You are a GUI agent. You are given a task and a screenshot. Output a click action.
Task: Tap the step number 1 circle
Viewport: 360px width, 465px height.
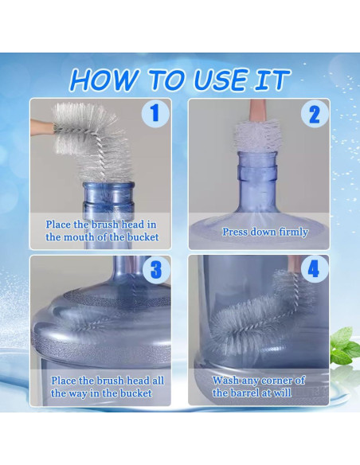(155, 114)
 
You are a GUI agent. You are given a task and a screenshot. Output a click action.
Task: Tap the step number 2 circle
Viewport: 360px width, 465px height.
(315, 115)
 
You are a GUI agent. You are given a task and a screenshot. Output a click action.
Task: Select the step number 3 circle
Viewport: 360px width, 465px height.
(156, 270)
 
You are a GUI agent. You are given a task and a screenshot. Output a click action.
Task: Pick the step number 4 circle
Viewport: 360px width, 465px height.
(315, 269)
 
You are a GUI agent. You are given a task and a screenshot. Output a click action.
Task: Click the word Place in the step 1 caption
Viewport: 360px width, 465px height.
(58, 225)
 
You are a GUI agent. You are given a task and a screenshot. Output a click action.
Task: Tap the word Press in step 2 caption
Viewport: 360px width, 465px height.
(234, 232)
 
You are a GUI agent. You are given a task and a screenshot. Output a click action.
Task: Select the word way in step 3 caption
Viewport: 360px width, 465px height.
(78, 393)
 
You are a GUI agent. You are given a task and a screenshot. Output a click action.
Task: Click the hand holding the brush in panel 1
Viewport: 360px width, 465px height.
(41, 127)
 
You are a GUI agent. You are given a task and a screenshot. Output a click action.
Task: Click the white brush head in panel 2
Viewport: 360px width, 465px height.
(256, 136)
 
